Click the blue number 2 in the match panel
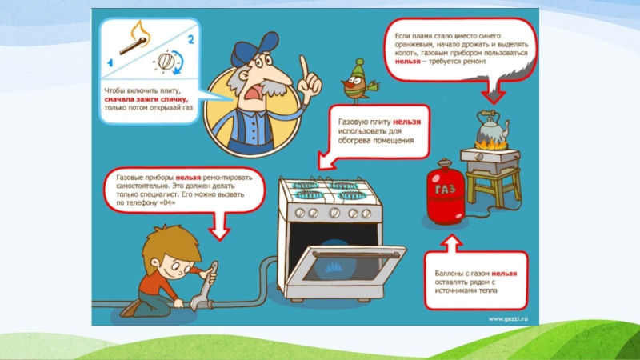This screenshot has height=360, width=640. (190, 39)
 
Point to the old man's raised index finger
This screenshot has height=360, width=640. (304, 66)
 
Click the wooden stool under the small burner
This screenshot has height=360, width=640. (493, 186)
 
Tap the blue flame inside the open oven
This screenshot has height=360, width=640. (334, 267)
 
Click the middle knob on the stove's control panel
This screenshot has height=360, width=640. (334, 212)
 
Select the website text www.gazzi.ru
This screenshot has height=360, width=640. (508, 318)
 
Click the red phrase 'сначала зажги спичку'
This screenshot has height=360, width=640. (146, 99)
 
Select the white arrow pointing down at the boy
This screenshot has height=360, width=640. (219, 226)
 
